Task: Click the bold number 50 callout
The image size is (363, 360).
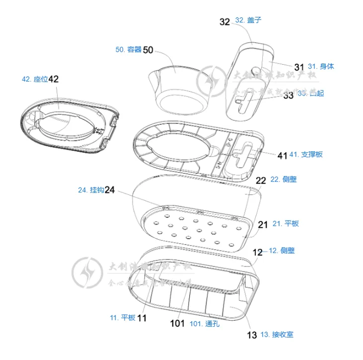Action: pos(148,50)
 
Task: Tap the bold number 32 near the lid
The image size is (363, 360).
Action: pos(225,21)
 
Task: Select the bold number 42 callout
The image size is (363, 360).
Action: pos(54,79)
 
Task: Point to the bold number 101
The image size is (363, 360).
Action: pos(177,324)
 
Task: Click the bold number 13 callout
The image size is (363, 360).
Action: pos(252,335)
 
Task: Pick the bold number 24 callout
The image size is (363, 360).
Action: pos(110,190)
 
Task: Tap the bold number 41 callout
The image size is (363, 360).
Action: pos(282,155)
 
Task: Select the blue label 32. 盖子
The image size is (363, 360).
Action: pos(248,20)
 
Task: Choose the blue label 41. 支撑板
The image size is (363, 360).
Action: pos(305,154)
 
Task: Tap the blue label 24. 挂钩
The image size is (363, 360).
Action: pos(90,190)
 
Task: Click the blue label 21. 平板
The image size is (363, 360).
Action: pos(286,224)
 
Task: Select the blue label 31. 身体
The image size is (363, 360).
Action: pos(321,66)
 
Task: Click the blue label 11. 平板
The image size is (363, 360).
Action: pos(122,318)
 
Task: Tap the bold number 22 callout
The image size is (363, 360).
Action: pos(261,180)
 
